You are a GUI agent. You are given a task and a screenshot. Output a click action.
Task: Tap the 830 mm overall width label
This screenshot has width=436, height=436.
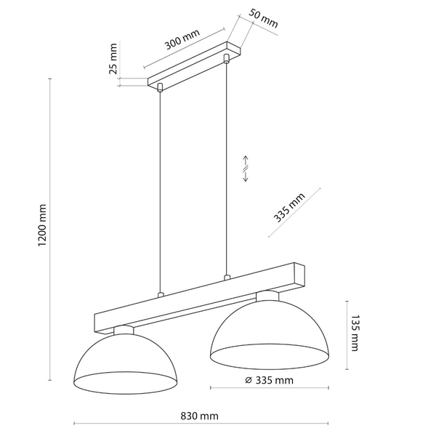coord(199,416)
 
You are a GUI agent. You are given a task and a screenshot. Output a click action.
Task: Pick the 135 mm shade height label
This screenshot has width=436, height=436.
coord(355,331)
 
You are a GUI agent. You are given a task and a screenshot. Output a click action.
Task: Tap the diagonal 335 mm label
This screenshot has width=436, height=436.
coord(290,209)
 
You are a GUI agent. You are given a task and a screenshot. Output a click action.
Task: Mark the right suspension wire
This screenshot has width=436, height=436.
coord(228,167)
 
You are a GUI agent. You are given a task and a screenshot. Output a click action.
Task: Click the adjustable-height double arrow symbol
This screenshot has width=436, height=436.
coord(246,169)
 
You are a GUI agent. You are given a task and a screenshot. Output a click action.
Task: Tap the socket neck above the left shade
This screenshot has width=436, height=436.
coord(124,330)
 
